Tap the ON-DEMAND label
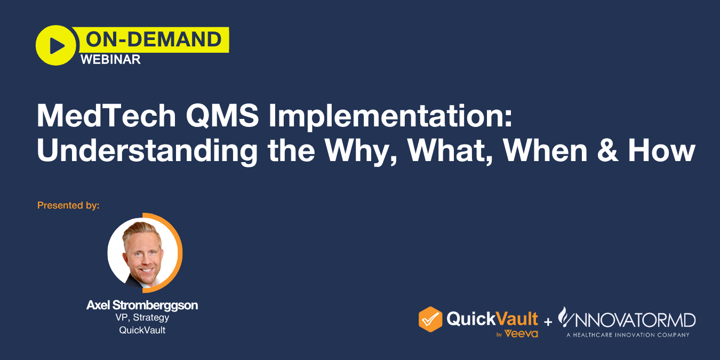[x=153, y=39]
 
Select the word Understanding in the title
[x=147, y=151]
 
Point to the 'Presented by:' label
[x=68, y=205]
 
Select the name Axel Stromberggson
[x=142, y=306]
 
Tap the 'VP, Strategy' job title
[x=142, y=318]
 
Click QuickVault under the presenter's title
[x=142, y=330]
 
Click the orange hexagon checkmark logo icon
[x=430, y=319]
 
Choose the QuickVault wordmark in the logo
[x=492, y=319]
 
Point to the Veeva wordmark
[x=521, y=334]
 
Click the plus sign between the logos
[x=548, y=322]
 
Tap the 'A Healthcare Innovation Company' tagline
[x=628, y=335]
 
